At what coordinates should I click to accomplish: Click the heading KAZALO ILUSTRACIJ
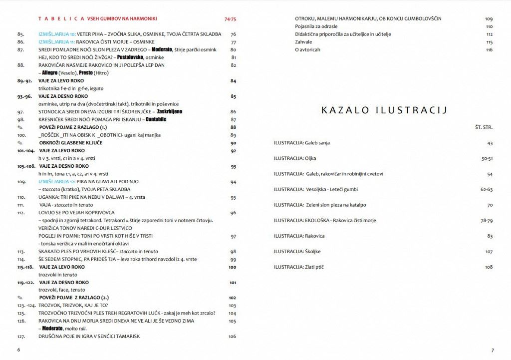pos(384,110)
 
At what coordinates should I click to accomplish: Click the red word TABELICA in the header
pos(61,19)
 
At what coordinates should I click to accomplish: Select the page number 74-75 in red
pos(231,19)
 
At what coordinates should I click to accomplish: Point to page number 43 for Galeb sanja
pos(490,143)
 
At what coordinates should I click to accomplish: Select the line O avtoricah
pos(307,50)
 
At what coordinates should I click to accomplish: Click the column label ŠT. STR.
pos(484,127)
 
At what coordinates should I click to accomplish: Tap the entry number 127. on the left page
pos(21,337)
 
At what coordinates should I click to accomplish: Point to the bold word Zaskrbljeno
pos(165,112)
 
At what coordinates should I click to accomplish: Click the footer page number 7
pos(492,350)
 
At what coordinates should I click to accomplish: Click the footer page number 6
pos(18,350)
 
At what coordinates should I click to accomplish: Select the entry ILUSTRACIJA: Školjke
pos(297,252)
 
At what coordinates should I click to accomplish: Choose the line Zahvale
pos(304,42)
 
